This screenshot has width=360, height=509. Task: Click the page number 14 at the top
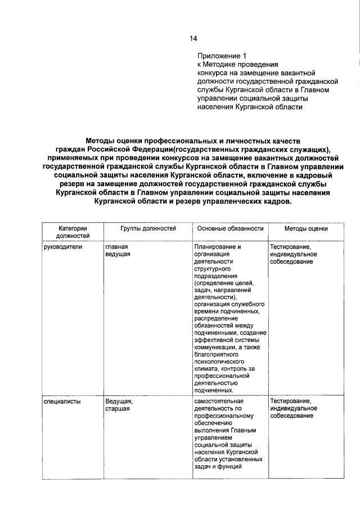point(193,38)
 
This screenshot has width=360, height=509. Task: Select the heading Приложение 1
point(222,56)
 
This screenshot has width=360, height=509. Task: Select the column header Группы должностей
point(148,228)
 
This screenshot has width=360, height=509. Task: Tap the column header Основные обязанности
point(229,228)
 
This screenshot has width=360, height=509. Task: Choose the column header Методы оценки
point(305,228)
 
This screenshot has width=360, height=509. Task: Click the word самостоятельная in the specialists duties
point(220,401)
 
